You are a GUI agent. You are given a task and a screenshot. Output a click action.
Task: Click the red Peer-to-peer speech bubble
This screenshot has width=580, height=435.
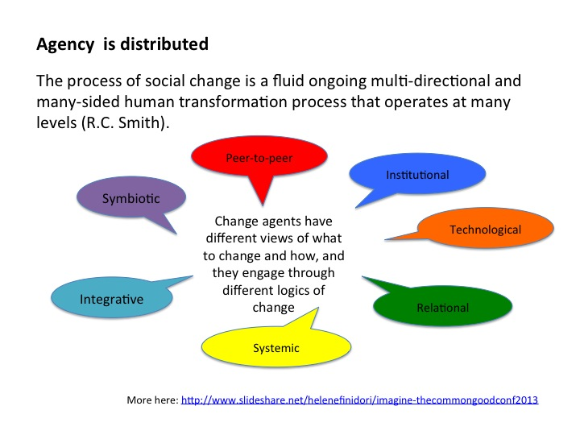(259, 158)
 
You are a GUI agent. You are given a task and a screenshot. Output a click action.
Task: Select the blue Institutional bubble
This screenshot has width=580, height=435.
(417, 174)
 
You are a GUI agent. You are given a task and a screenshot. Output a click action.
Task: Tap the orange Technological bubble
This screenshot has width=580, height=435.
(485, 228)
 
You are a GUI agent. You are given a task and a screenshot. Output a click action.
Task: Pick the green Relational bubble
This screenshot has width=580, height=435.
(442, 306)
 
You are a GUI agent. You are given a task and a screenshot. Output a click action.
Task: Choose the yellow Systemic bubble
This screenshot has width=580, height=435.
(276, 347)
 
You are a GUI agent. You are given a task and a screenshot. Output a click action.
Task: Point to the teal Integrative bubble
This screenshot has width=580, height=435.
(112, 297)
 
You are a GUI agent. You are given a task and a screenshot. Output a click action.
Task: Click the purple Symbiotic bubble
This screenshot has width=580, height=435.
(131, 197)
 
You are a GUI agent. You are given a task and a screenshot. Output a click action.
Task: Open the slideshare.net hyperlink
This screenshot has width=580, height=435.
(359, 400)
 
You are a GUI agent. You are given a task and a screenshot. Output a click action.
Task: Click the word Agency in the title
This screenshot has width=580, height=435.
(65, 45)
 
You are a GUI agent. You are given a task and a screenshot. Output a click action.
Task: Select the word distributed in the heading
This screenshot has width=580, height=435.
(164, 43)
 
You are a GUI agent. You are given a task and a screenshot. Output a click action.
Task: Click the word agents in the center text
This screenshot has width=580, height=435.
(274, 222)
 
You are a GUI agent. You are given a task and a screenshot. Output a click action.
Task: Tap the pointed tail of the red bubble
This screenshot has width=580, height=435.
(263, 205)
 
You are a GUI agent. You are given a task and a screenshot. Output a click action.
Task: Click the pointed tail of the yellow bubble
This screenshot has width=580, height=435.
(317, 308)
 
